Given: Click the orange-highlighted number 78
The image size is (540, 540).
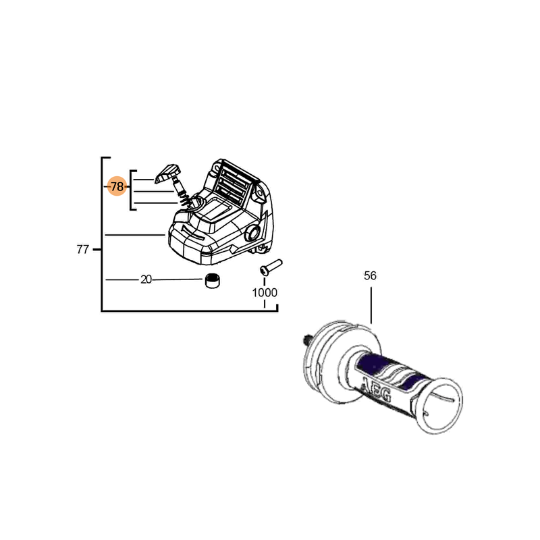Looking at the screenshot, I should click(117, 186).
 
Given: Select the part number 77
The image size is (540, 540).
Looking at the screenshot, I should click(82, 250).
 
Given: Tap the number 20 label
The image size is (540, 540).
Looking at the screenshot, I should click(146, 279).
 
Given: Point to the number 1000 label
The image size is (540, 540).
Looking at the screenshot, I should click(265, 293).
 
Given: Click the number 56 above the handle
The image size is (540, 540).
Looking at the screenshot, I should click(370, 275).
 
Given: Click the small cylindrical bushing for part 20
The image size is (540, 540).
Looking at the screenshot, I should click(214, 280).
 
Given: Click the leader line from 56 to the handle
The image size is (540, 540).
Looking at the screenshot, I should click(371, 304).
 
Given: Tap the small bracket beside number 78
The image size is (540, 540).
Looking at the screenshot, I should click(132, 190).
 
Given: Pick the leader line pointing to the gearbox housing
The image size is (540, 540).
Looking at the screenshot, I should click(135, 234).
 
